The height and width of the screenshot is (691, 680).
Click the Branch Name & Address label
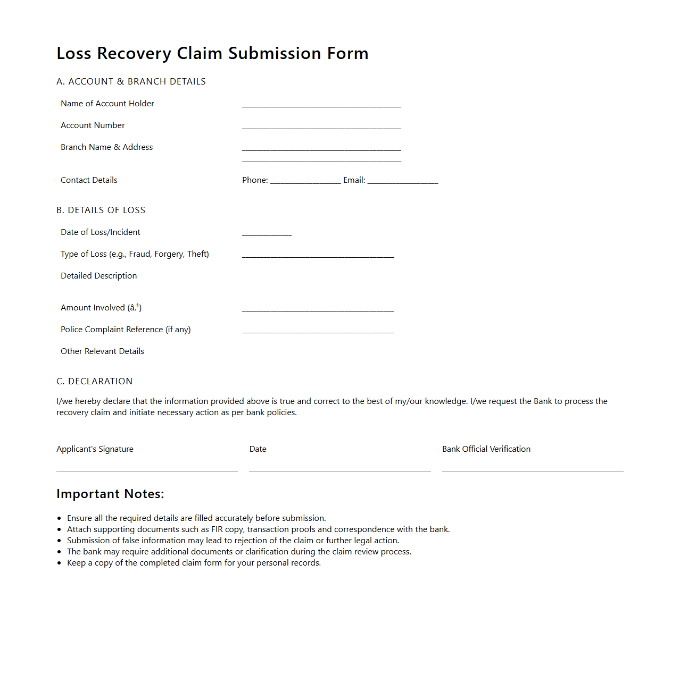coord(106,147)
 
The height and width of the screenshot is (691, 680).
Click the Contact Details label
coord(89,180)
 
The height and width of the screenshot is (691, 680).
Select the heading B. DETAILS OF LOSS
coord(101,210)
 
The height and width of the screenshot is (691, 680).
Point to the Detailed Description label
coord(98,276)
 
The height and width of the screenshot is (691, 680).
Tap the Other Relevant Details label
coord(102,351)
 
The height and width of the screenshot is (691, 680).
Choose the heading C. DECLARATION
coord(94,381)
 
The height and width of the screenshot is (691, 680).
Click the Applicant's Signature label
coord(95,449)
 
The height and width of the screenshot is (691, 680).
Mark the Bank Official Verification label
coord(486,449)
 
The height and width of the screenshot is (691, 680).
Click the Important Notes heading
coord(110,494)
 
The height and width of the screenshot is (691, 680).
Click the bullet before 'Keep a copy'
coord(59,563)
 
